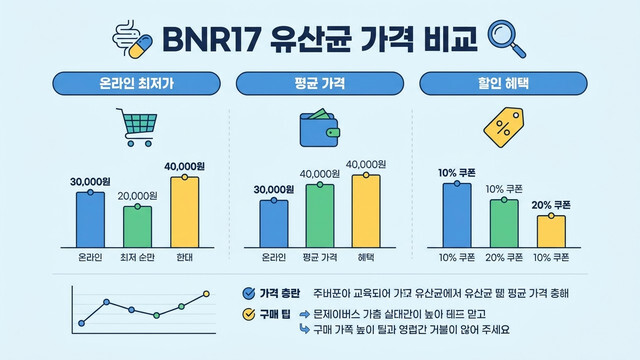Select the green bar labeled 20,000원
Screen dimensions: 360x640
(136, 227)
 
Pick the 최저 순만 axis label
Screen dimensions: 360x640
(136, 258)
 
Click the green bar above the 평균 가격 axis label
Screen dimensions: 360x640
(319, 215)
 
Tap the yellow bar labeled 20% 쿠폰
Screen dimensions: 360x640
(550, 231)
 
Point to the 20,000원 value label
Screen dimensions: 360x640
(137, 196)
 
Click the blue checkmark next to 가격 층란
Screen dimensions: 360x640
(249, 294)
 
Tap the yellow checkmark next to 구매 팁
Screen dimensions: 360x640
(249, 313)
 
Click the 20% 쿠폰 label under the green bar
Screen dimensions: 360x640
(503, 258)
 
